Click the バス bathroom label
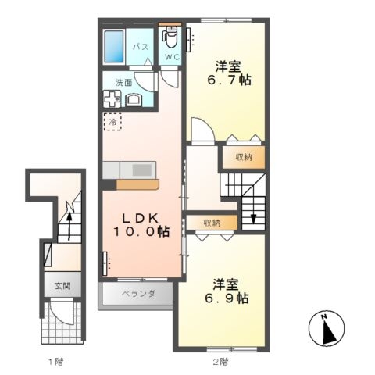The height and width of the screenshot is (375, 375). pos(141,47)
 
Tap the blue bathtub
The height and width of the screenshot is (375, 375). pos(114,47)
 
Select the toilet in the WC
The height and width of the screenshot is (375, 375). pos(170,37)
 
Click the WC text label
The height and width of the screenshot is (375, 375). pos(172,57)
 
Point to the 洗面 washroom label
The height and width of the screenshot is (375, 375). pos(124,83)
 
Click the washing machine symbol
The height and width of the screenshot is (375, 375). pos(112,98)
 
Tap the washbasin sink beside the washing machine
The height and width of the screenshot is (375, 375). pos(134,100)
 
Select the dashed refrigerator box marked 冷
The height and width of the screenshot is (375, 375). pos(112,122)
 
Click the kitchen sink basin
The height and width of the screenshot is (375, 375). pos(142,170)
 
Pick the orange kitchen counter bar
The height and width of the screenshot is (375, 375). pos(137,184)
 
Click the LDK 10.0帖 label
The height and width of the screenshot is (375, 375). pos(141,225)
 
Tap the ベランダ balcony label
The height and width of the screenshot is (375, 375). pos(138,294)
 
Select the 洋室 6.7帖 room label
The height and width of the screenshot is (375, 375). pos(229,73)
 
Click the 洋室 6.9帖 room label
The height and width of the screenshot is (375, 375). pos(227,291)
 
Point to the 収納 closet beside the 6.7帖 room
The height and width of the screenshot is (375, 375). pos(244,157)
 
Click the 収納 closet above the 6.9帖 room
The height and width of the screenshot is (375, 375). pos(212,223)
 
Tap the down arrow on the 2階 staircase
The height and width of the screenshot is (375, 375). pos(254,212)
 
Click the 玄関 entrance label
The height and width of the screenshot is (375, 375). pos(62,286)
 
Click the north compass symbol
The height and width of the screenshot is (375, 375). pos(327,328)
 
